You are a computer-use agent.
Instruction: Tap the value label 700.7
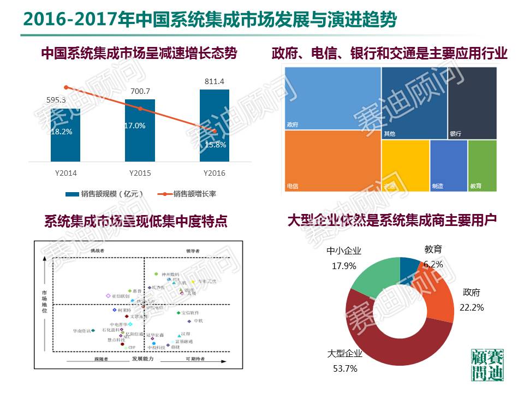140,91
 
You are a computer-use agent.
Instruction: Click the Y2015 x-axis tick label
140,173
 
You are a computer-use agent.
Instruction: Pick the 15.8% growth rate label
216,145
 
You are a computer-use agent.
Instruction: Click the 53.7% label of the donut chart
345,368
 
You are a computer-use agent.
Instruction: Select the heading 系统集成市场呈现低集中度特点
135,222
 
